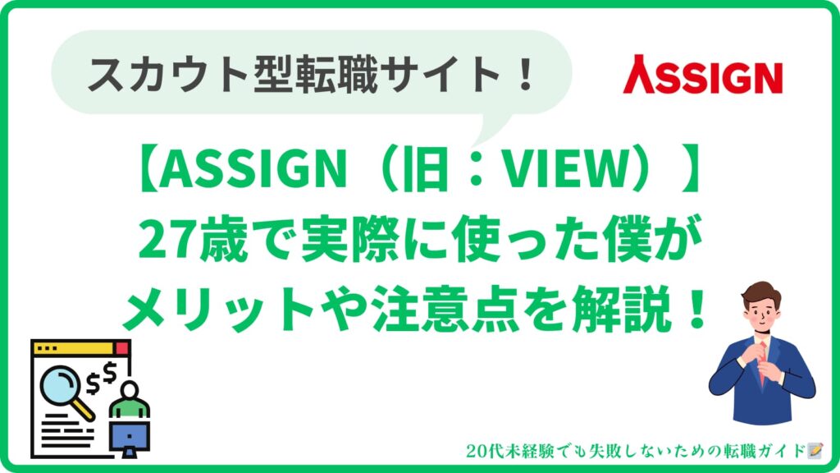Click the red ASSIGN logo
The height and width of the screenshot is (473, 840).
click(702, 75)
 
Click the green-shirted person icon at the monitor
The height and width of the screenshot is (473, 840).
click(129, 400)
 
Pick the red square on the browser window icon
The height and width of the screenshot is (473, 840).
click(123, 348)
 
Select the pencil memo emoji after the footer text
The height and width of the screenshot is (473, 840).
click(815, 451)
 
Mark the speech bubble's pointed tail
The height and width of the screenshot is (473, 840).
click(491, 129)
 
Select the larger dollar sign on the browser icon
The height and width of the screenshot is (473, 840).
click(110, 372)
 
